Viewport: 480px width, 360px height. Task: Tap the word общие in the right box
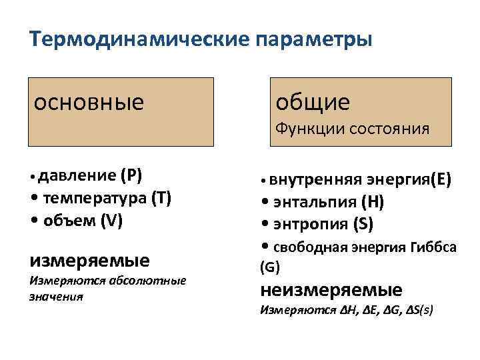313,102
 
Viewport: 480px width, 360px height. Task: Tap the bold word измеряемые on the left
90,259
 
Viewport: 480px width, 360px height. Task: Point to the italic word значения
56,295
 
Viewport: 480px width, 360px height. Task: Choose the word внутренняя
317,179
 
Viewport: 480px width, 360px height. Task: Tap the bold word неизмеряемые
331,291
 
